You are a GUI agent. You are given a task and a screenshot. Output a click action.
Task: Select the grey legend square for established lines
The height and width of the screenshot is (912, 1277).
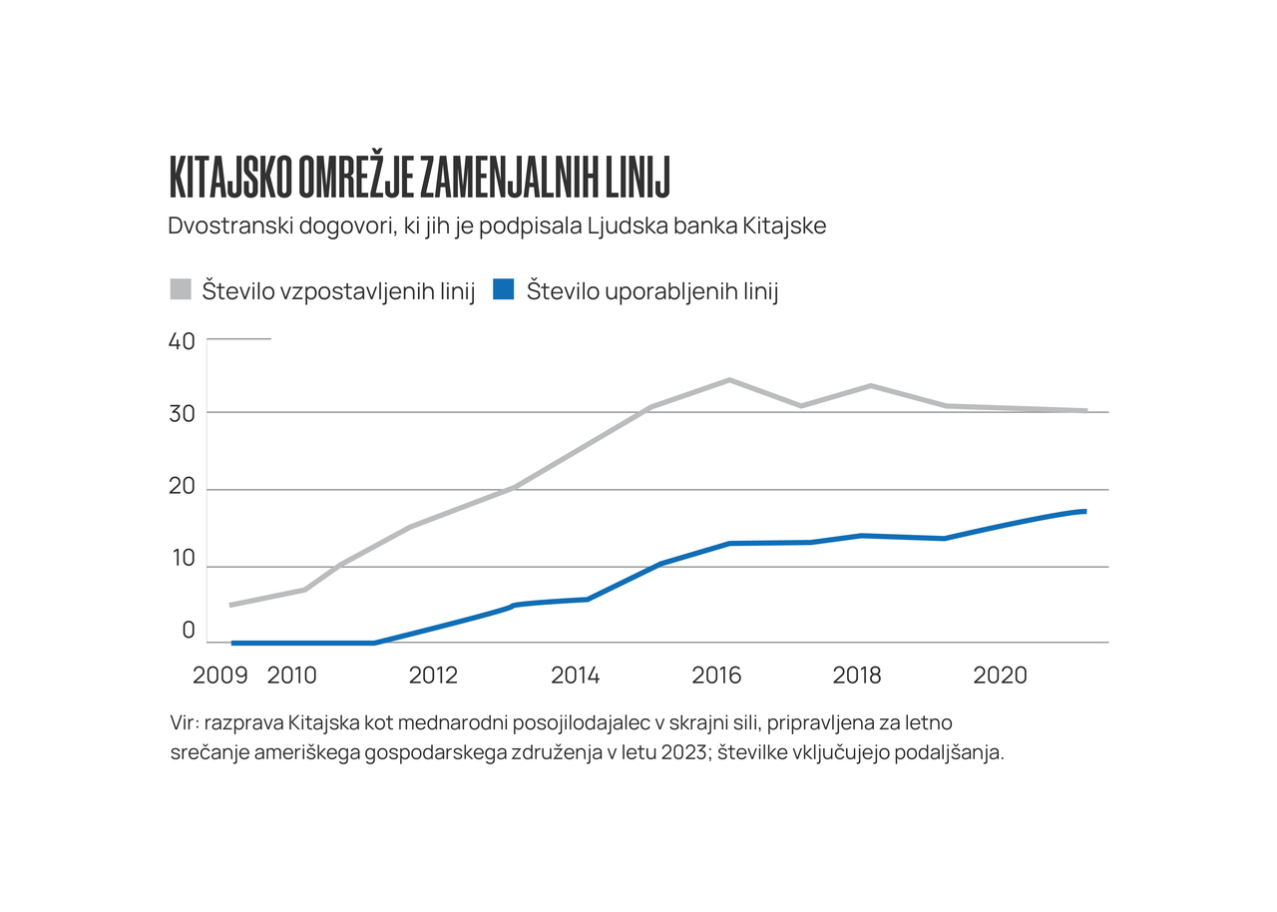(181, 290)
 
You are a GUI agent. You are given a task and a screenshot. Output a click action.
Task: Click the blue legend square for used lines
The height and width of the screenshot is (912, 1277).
(504, 290)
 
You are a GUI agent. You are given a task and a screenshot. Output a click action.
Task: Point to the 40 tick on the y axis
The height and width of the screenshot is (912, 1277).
(182, 341)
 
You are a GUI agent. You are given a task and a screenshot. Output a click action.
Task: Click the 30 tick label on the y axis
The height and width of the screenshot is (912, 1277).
(182, 413)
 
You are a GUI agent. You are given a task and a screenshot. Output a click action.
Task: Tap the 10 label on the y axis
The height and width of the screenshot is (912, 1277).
(183, 559)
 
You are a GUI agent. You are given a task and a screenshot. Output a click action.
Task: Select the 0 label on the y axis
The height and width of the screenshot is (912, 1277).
(188, 631)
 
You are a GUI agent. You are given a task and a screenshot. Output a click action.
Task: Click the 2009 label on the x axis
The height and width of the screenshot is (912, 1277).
(219, 676)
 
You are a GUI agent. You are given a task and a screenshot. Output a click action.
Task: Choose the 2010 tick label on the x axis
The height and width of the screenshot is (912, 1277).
(291, 676)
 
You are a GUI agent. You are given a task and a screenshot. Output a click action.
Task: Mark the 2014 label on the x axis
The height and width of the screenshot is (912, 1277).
(575, 676)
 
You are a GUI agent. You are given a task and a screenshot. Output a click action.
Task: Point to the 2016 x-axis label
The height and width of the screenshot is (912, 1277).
(716, 676)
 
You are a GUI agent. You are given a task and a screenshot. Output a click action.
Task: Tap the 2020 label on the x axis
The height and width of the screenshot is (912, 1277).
(1000, 676)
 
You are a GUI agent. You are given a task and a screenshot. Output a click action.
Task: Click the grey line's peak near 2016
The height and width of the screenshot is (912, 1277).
(729, 380)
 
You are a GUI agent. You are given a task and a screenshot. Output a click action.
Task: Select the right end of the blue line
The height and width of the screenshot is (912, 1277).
(1084, 512)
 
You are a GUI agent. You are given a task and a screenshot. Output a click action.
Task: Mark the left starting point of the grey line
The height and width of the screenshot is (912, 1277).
(231, 605)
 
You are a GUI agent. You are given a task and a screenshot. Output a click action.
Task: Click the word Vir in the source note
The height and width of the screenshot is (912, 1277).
(184, 721)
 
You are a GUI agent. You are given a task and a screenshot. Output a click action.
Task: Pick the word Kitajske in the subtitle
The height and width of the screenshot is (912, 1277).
(784, 227)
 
